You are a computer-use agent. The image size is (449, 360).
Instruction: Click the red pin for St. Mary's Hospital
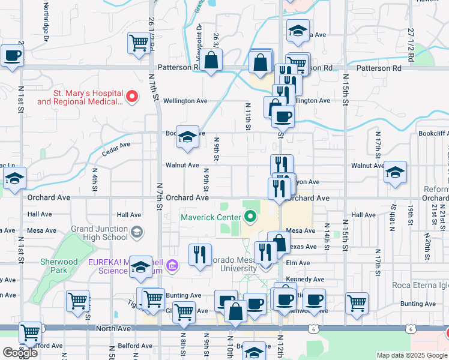pyautogui.click(x=135, y=95)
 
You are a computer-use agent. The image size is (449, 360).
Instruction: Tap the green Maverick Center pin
pyautogui.click(x=250, y=217)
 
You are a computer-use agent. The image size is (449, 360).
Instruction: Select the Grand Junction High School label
pyautogui.click(x=99, y=233)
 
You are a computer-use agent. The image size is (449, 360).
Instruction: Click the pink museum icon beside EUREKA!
pyautogui.click(x=173, y=265)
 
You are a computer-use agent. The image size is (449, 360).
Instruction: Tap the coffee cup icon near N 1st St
pyautogui.click(x=12, y=56)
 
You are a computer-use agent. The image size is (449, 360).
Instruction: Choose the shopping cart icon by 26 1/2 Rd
pyautogui.click(x=139, y=43)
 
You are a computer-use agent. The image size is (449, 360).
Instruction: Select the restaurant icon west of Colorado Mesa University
pyautogui.click(x=200, y=254)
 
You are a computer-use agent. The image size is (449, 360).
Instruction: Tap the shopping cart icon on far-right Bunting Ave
pyautogui.click(x=357, y=302)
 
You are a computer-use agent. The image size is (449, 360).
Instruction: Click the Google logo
pyautogui.click(x=20, y=352)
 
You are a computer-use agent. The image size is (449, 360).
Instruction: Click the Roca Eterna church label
pyautogui.click(x=420, y=285)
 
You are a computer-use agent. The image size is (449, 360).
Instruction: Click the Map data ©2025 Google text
pyautogui.click(x=412, y=355)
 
